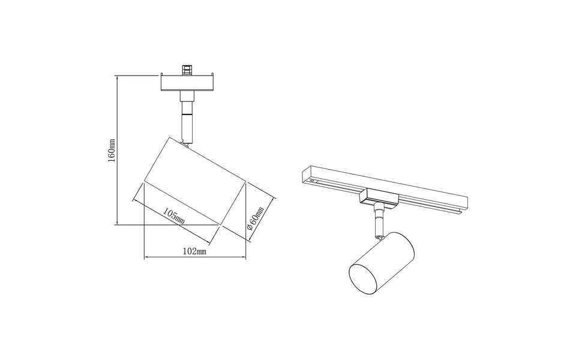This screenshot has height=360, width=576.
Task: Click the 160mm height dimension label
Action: pos(112,154)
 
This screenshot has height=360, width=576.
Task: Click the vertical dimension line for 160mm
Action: pos(117,150)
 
